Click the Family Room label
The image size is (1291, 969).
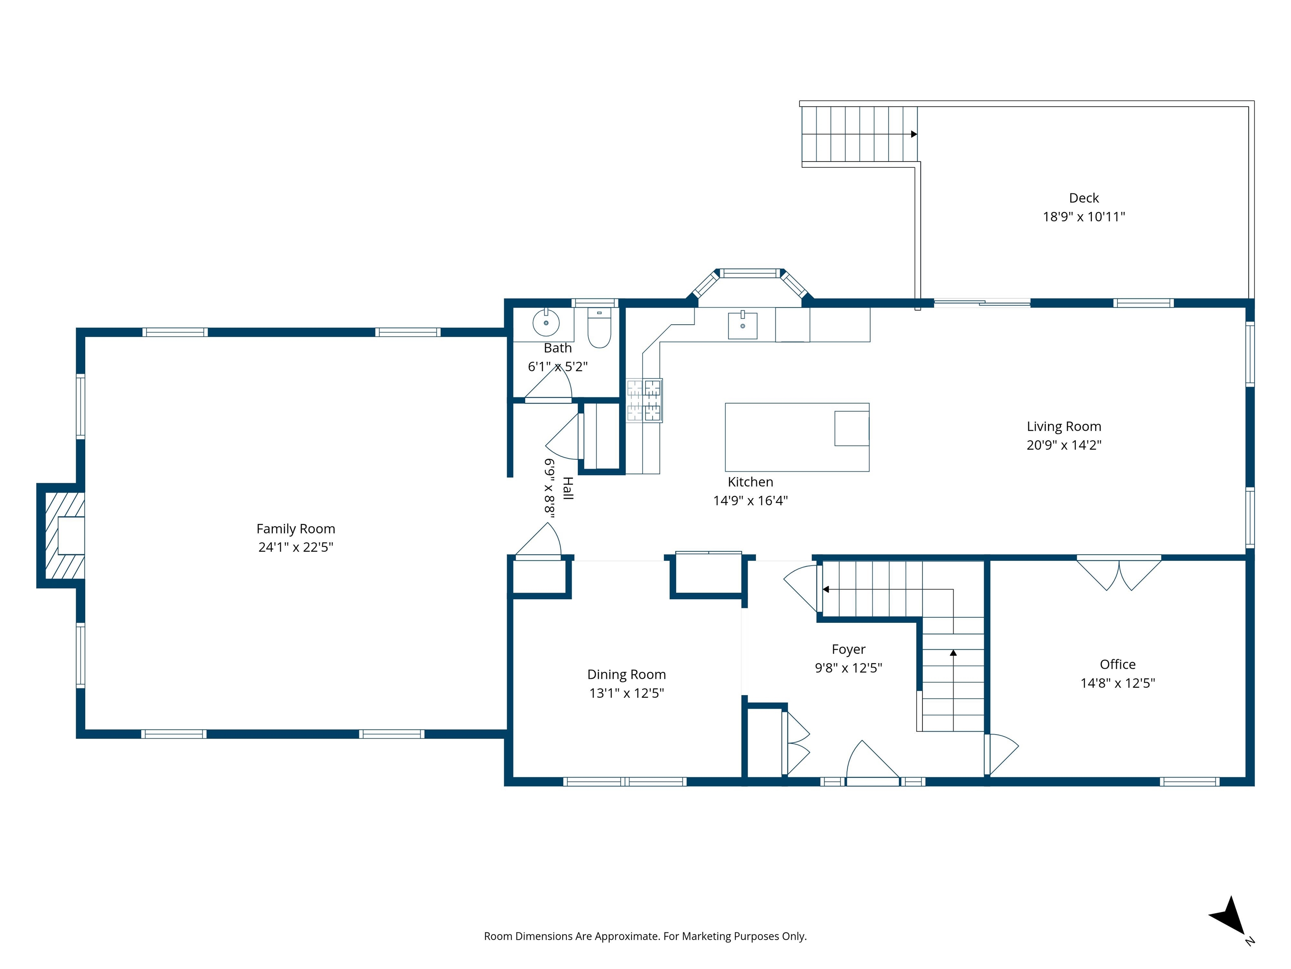click(295, 529)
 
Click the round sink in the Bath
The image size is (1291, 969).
click(546, 323)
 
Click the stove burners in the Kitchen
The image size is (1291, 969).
click(644, 400)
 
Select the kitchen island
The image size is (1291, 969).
click(797, 437)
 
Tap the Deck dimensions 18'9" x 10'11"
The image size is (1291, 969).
click(1083, 217)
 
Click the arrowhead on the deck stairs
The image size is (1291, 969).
click(914, 134)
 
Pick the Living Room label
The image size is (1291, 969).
click(1063, 426)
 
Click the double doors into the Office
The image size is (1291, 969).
click(1119, 574)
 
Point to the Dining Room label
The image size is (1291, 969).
click(626, 674)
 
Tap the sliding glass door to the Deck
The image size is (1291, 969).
click(982, 302)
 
